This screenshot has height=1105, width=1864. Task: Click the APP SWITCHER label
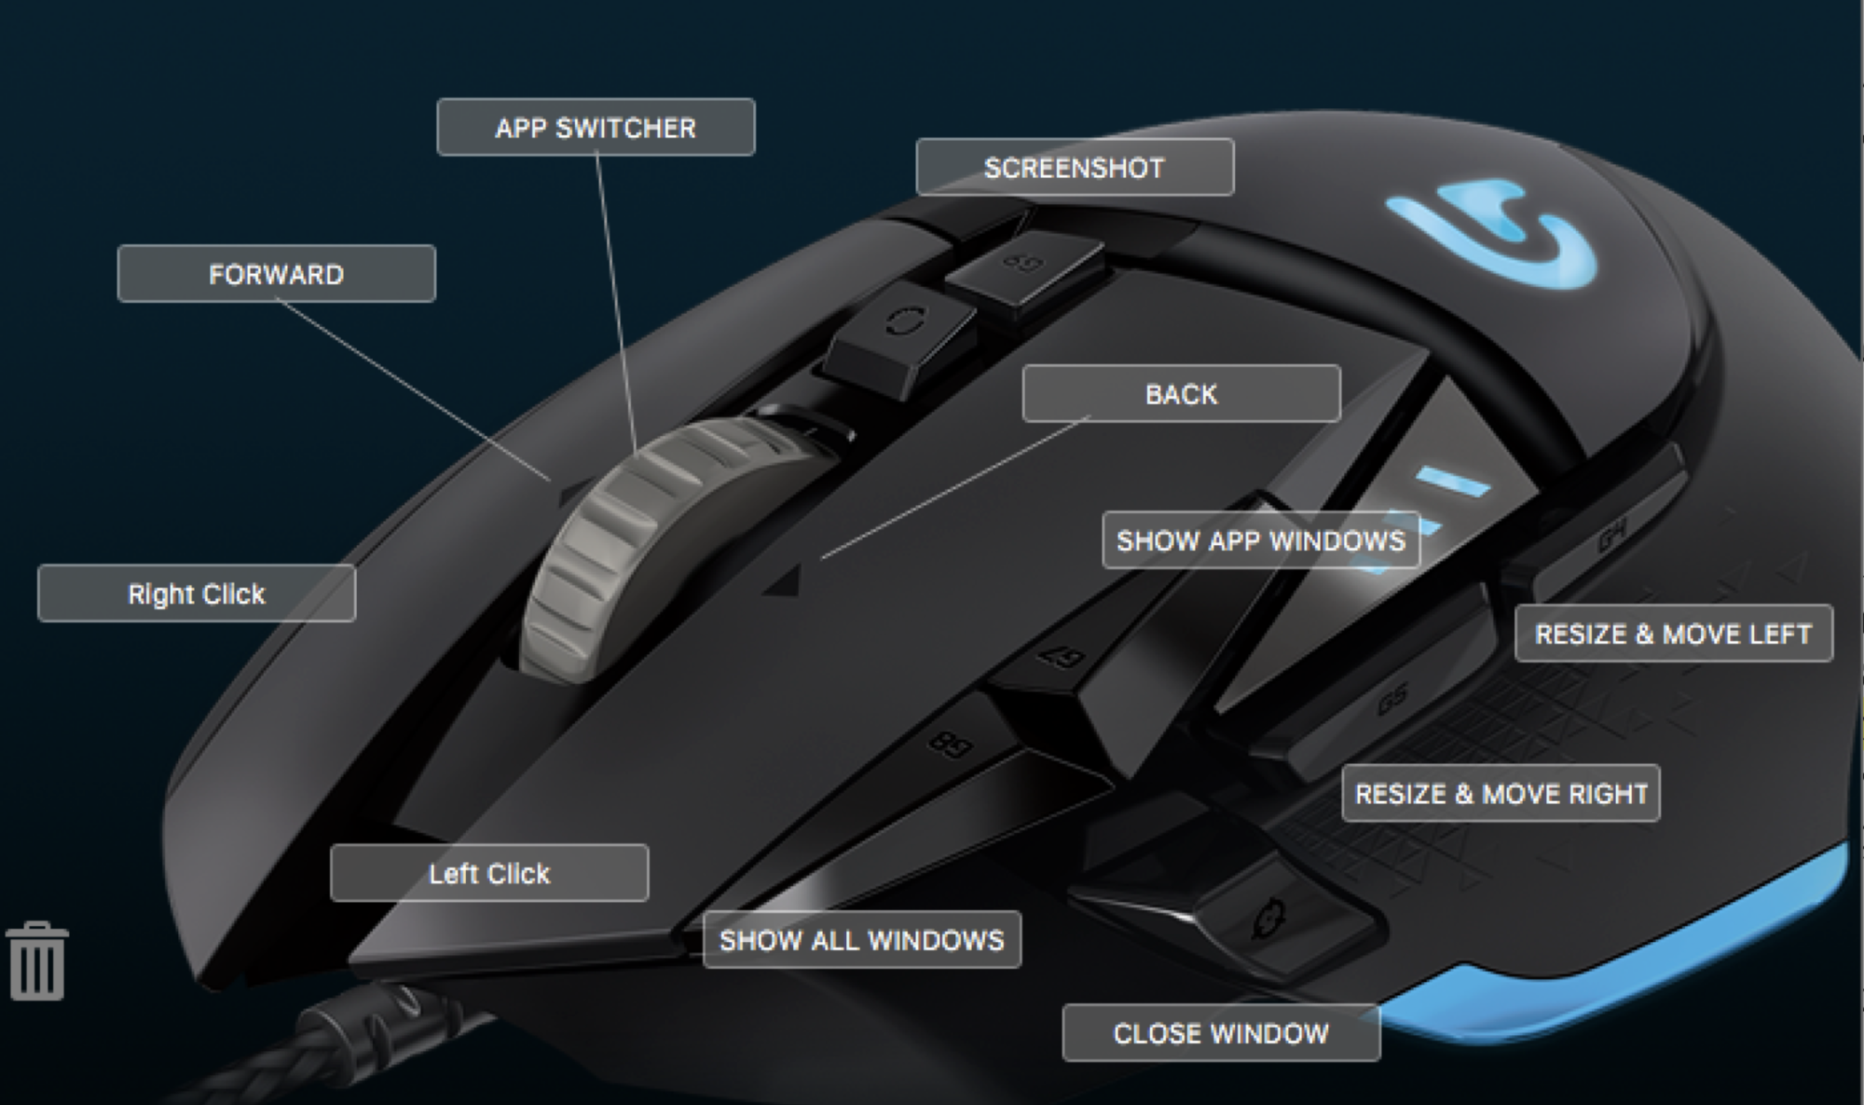tap(596, 128)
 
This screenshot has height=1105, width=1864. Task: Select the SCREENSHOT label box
tap(1075, 168)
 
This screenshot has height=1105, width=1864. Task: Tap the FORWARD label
tap(276, 274)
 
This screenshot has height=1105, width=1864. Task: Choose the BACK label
tap(1181, 394)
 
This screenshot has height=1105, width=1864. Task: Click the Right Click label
tap(197, 593)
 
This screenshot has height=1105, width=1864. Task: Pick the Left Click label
tap(489, 873)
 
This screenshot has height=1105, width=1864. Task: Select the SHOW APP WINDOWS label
tap(1260, 540)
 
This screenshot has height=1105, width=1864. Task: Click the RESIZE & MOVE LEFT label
tap(1673, 634)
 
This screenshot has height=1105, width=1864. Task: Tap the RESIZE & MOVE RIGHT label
tap(1501, 794)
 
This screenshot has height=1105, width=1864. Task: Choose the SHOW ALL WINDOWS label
tap(862, 940)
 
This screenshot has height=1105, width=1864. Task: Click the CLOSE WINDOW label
tap(1221, 1033)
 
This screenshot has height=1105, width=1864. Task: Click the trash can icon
tap(37, 962)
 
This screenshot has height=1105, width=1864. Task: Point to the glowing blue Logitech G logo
tap(1491, 233)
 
